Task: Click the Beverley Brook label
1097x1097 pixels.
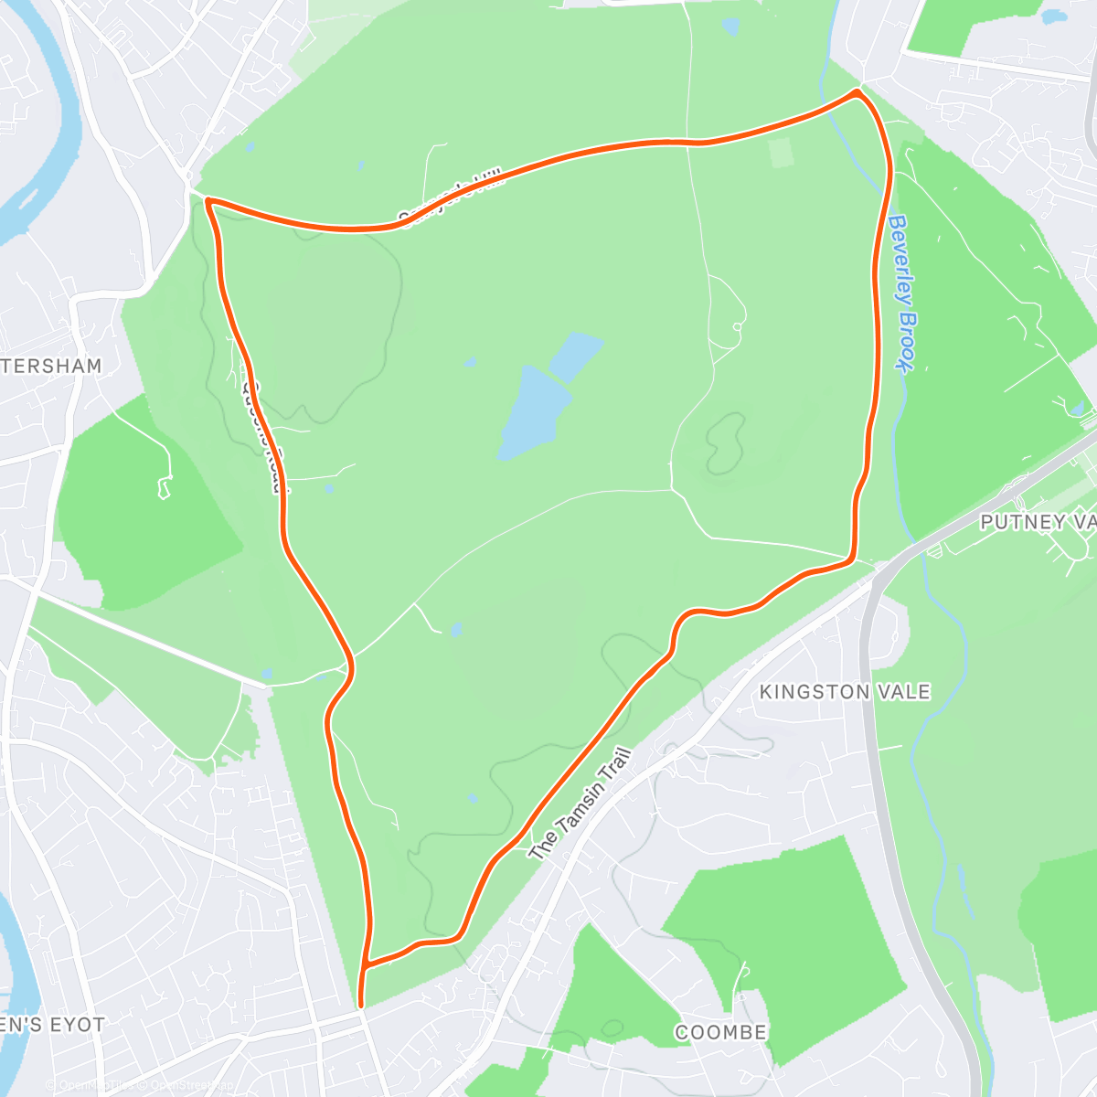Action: point(901,293)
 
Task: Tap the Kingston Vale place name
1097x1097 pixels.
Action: point(845,692)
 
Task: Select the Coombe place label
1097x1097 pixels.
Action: point(720,1032)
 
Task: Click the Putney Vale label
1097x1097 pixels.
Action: point(1037,522)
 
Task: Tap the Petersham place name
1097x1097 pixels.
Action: point(51,366)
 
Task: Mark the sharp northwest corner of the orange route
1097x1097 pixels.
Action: point(209,200)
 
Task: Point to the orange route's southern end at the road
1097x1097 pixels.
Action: point(362,1006)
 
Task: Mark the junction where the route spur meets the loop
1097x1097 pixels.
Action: point(366,964)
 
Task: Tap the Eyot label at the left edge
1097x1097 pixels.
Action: point(51,1025)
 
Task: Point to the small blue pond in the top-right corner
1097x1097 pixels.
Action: point(1055,16)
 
